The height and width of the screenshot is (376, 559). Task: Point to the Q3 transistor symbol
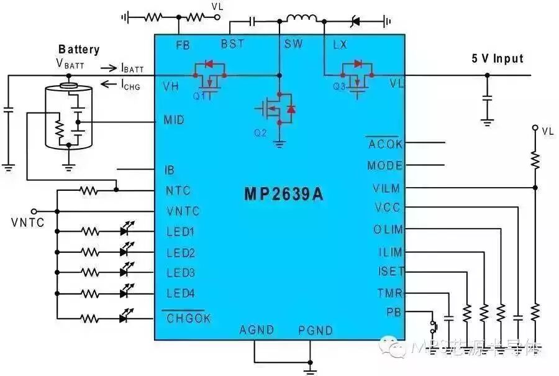click(357, 76)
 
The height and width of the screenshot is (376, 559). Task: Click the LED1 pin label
click(181, 232)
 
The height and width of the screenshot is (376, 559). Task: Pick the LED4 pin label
click(181, 293)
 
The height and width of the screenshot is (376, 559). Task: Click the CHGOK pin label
click(189, 318)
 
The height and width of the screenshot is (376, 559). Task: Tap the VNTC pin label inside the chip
click(183, 211)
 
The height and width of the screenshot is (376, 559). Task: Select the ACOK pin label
click(385, 145)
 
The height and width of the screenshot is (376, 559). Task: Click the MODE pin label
click(384, 166)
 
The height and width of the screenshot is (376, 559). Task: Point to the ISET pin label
click(391, 272)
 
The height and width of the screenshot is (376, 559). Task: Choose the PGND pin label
click(315, 330)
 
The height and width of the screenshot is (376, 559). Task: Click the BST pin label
click(232, 44)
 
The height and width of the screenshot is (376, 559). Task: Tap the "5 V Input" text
click(497, 59)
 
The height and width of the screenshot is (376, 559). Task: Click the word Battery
click(79, 50)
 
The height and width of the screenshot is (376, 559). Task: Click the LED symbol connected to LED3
click(128, 272)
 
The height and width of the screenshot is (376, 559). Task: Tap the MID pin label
click(173, 120)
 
